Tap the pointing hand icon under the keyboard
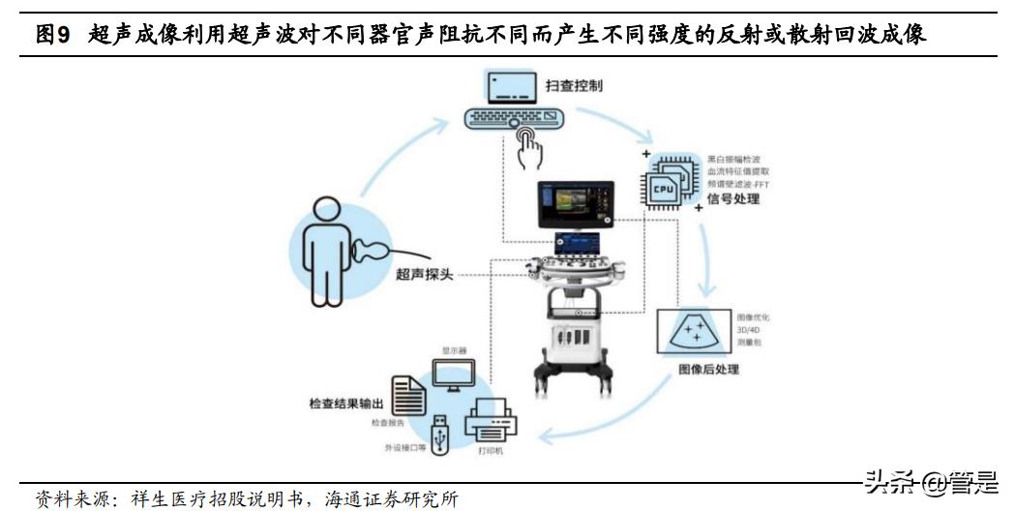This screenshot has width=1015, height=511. pyautogui.click(x=528, y=147)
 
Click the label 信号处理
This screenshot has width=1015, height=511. pyautogui.click(x=733, y=200)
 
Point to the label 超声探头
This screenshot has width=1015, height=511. pyautogui.click(x=423, y=274)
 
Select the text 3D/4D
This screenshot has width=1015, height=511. pyautogui.click(x=750, y=329)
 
